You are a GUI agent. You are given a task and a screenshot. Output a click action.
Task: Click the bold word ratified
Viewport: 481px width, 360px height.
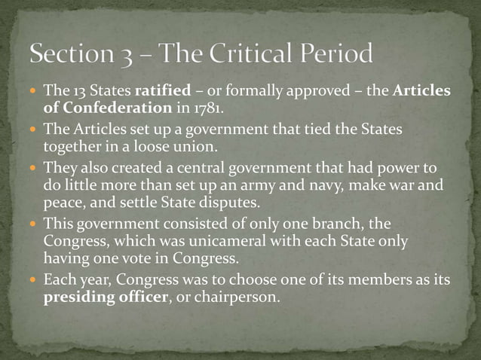163,92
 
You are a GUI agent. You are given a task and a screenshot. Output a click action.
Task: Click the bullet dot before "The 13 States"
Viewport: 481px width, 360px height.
35,92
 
